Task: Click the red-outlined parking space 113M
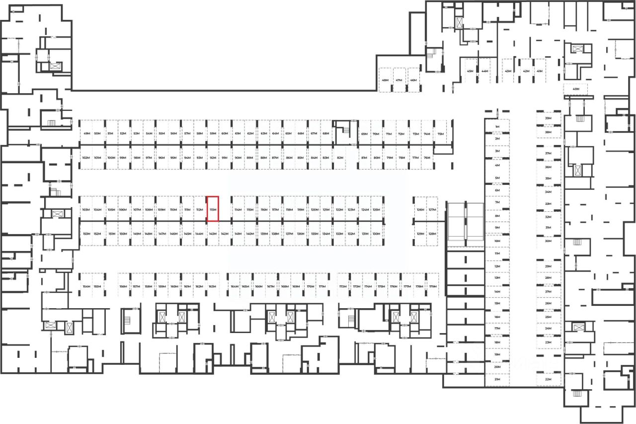tap(213, 209)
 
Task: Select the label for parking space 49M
tap(86, 134)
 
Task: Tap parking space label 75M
tap(440, 134)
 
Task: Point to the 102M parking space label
tap(85, 158)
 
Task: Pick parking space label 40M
tap(576, 89)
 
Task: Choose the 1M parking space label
tap(497, 127)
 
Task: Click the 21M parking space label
tap(497, 379)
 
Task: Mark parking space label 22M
tap(549, 379)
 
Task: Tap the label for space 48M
tap(385, 80)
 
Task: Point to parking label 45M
tap(470, 71)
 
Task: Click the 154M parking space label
tap(86, 287)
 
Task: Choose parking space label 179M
tap(433, 287)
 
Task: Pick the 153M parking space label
tap(86, 234)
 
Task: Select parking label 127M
tap(432, 210)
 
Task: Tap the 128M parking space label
tap(432, 234)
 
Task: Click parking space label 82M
tap(340, 158)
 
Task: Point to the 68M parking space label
tap(326, 134)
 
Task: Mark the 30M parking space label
tap(549, 241)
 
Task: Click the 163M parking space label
tap(212, 287)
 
